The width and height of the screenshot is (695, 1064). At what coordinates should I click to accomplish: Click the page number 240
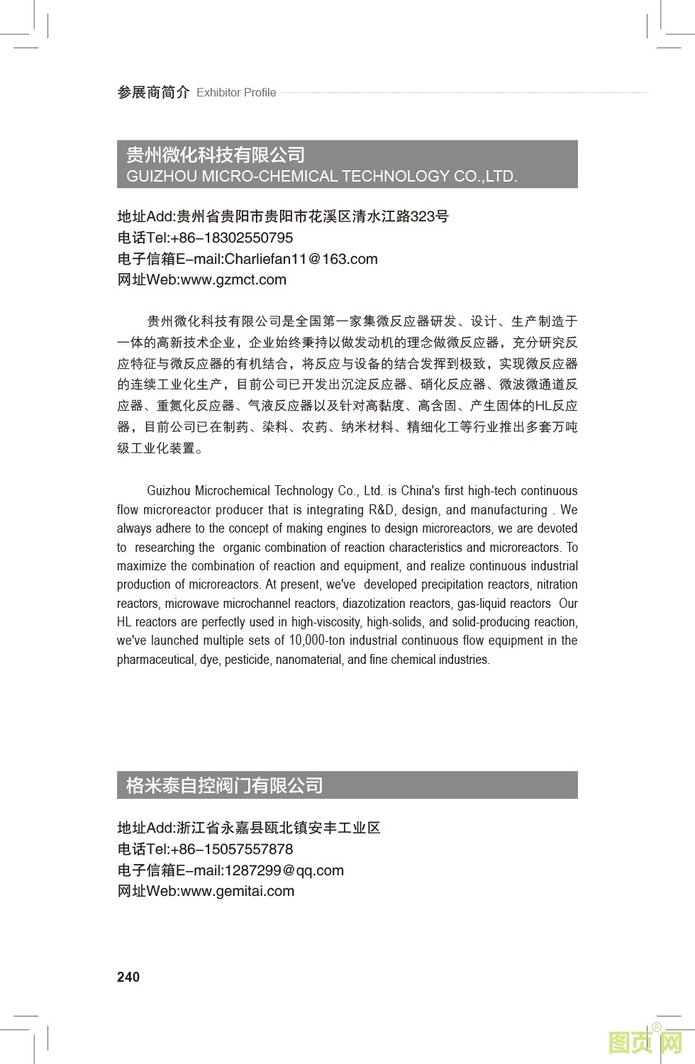point(128,977)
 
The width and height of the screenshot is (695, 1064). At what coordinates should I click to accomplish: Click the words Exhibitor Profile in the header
point(236,93)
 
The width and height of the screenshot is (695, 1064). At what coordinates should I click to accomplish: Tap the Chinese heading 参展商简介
point(153,92)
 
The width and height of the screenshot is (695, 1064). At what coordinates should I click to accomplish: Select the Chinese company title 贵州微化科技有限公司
point(216,155)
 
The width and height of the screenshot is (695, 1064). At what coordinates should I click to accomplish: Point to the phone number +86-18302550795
point(232,238)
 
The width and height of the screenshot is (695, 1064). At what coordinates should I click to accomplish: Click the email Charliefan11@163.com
point(301,259)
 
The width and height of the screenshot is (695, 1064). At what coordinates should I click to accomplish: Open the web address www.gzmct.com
point(233,279)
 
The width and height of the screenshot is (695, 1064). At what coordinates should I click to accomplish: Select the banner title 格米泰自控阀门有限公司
point(224,785)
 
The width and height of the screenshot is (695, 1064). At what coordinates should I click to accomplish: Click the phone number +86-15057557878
point(232,849)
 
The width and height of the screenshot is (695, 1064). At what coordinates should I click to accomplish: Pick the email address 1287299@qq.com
point(284,870)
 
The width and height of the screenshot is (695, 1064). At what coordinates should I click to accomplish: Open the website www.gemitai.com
point(238,891)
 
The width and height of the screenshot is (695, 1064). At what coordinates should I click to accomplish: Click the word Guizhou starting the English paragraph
point(169,491)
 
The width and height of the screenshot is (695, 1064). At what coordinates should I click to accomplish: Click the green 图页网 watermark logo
point(645,1042)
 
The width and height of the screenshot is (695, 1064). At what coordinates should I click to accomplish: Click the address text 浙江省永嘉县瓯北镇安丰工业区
point(278,828)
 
